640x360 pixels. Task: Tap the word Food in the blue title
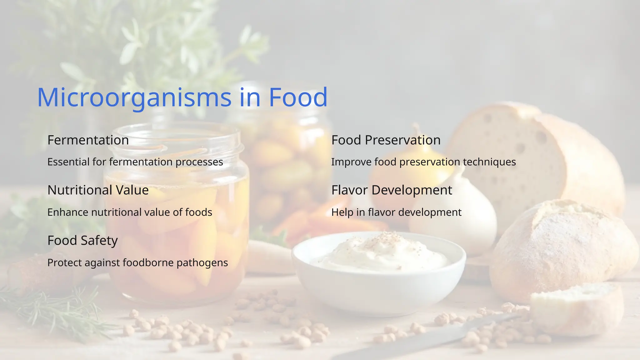298,97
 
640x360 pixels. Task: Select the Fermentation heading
88,140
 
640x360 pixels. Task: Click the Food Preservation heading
386,140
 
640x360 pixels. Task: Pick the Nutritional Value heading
98,190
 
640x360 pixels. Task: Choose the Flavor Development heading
392,190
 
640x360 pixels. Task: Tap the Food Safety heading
82,240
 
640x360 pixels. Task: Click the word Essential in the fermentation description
68,162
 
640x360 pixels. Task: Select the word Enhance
68,212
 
